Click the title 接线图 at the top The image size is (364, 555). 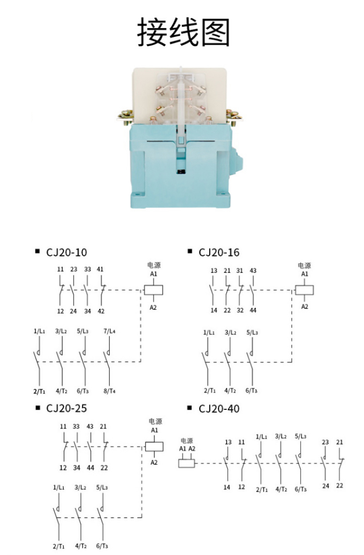pyautogui.click(x=183, y=33)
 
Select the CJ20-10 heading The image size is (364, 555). pyautogui.click(x=66, y=253)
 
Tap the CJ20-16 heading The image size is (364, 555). pyautogui.click(x=219, y=253)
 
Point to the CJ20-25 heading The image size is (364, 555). pyautogui.click(x=66, y=408)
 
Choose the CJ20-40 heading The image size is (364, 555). pyautogui.click(x=219, y=409)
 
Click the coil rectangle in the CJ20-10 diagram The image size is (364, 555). pyautogui.click(x=153, y=290)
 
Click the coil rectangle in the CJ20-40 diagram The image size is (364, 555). pyautogui.click(x=187, y=462)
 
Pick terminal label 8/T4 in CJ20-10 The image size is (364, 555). pyautogui.click(x=110, y=391)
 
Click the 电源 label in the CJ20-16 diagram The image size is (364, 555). pyautogui.click(x=305, y=266)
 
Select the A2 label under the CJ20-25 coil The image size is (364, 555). pyautogui.click(x=154, y=462)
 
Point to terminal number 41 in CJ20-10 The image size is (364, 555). pyautogui.click(x=101, y=269)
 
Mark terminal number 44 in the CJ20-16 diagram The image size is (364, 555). pyautogui.click(x=253, y=310)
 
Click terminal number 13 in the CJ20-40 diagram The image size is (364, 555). pyautogui.click(x=228, y=442)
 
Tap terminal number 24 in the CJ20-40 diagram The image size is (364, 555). pyautogui.click(x=326, y=485)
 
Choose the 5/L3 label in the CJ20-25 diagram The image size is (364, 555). pyautogui.click(x=102, y=487)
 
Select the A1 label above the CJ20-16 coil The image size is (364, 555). pyautogui.click(x=305, y=274)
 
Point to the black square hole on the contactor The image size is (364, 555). pyautogui.click(x=181, y=171)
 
